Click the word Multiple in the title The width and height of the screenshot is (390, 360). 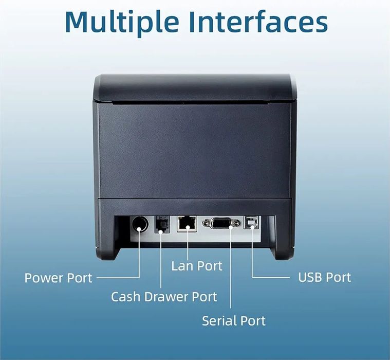tap(122, 22)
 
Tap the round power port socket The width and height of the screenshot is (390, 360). tap(139, 224)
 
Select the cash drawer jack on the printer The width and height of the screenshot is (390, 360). tap(162, 224)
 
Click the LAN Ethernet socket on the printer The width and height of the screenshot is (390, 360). tap(187, 224)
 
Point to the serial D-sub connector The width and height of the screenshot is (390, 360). tap(221, 223)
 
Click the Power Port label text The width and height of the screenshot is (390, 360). tap(59, 278)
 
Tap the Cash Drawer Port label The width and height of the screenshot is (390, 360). tap(164, 297)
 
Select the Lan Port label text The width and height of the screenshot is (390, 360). tap(197, 266)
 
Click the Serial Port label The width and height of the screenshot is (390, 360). tap(234, 320)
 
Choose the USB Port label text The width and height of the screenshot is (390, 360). tap(325, 277)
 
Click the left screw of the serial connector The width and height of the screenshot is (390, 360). tap(206, 223)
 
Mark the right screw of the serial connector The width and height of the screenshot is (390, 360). tap(237, 223)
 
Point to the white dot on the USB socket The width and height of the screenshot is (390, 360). tap(252, 226)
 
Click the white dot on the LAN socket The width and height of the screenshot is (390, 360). tap(188, 227)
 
